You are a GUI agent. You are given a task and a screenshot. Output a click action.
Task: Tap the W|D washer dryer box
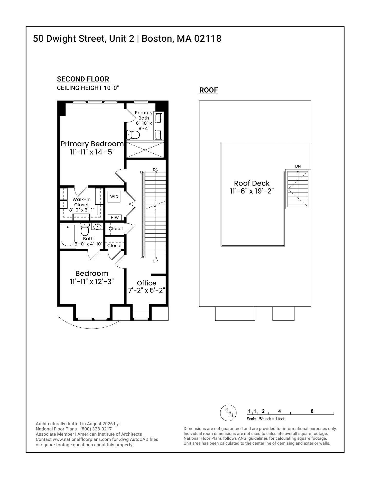point(114,197)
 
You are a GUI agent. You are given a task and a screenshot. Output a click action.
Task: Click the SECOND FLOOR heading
point(83,79)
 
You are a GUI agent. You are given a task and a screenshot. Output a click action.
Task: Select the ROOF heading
point(209,90)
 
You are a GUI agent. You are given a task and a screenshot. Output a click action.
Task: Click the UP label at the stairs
point(155,261)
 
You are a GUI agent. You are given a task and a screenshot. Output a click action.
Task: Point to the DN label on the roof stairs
point(298,166)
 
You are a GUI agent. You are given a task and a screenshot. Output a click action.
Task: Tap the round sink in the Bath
point(97,227)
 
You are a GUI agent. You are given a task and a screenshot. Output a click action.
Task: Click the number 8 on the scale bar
point(312,411)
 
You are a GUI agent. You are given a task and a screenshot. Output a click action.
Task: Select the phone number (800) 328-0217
point(96,429)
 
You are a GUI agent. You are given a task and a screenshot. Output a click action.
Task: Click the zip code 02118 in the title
point(208,39)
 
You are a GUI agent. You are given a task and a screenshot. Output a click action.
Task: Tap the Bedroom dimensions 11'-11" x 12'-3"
point(92,282)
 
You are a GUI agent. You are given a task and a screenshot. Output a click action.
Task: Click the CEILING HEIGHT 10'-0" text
point(88,88)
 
